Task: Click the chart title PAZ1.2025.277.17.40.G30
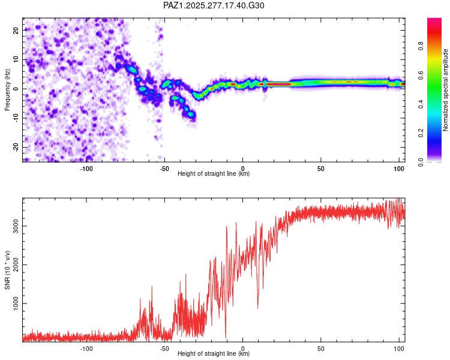point(214,5)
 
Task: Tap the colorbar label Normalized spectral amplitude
point(445,90)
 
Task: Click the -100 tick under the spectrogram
point(86,169)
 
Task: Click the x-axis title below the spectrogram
point(214,174)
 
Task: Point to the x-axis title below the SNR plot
point(214,354)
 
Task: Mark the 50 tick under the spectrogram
point(321,169)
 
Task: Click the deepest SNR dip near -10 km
point(226,338)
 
